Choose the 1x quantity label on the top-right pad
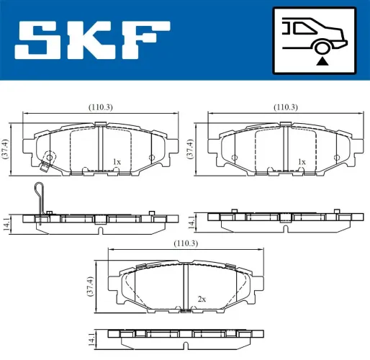click(302, 162)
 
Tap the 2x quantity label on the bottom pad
click(202, 299)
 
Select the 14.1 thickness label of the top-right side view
click(192, 220)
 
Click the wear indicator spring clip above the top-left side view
click(41, 197)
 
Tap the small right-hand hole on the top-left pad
click(151, 158)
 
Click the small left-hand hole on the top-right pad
click(235, 158)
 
